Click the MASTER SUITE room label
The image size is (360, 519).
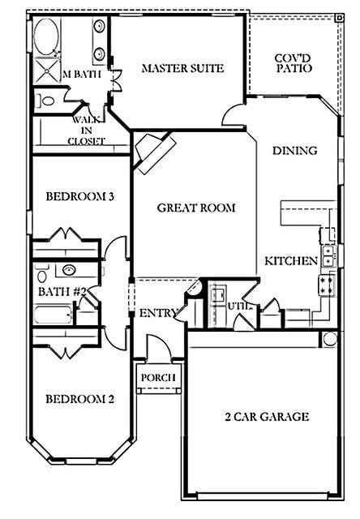point(182,68)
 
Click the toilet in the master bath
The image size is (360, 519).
point(45,101)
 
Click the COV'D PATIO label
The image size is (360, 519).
point(294,63)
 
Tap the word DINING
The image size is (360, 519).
point(294,151)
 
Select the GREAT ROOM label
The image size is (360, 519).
point(196,208)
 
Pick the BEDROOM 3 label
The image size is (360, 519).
point(78,196)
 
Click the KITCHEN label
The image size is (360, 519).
point(290,261)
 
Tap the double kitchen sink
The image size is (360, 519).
point(328,256)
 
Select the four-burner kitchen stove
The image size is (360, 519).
point(328,284)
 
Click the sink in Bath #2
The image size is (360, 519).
point(69,270)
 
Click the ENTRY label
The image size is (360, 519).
point(158,313)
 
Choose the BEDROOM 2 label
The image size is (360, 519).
point(78,399)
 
